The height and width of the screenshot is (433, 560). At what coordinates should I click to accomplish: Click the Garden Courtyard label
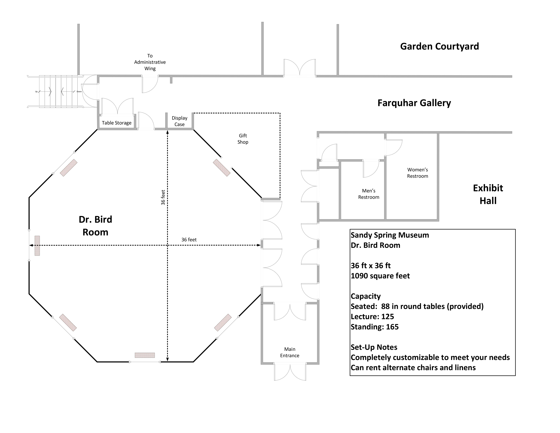tap(440, 46)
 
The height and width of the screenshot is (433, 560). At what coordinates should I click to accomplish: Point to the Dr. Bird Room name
tap(95, 226)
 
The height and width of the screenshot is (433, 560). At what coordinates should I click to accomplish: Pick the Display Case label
tap(179, 121)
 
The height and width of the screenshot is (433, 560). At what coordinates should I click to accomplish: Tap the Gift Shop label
tap(243, 139)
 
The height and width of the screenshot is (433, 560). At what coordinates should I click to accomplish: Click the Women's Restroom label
tap(417, 173)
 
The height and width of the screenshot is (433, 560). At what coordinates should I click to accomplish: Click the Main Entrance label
tap(290, 352)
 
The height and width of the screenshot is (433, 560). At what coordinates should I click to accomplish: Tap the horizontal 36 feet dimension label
tap(189, 240)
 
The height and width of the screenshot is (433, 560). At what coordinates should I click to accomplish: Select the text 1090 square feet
tap(380, 276)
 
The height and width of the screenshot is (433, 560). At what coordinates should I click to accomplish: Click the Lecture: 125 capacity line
tap(372, 317)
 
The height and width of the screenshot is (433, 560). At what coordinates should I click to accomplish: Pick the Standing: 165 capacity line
tap(375, 327)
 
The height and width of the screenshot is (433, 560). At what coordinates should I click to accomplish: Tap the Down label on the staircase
tap(79, 92)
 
